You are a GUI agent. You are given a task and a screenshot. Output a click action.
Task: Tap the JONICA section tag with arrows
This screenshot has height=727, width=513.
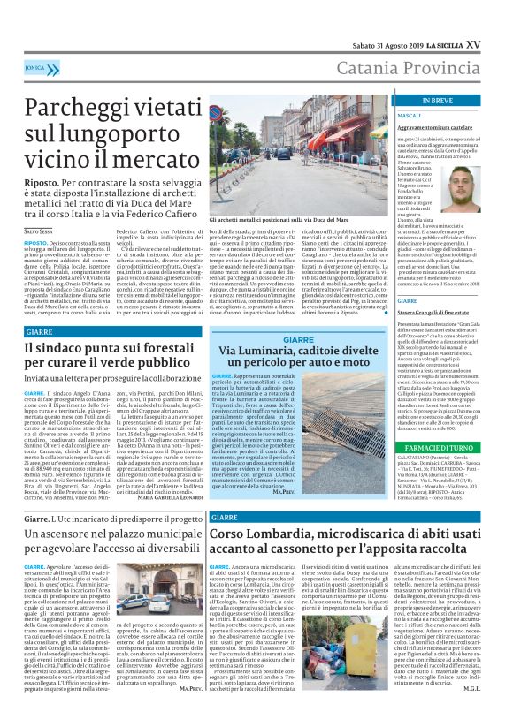pos(35,66)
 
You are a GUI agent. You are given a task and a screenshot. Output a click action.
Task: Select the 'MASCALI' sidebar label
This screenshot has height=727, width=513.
pos(410,116)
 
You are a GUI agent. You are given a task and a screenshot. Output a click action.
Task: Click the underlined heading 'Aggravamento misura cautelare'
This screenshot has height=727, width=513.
pos(437,129)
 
